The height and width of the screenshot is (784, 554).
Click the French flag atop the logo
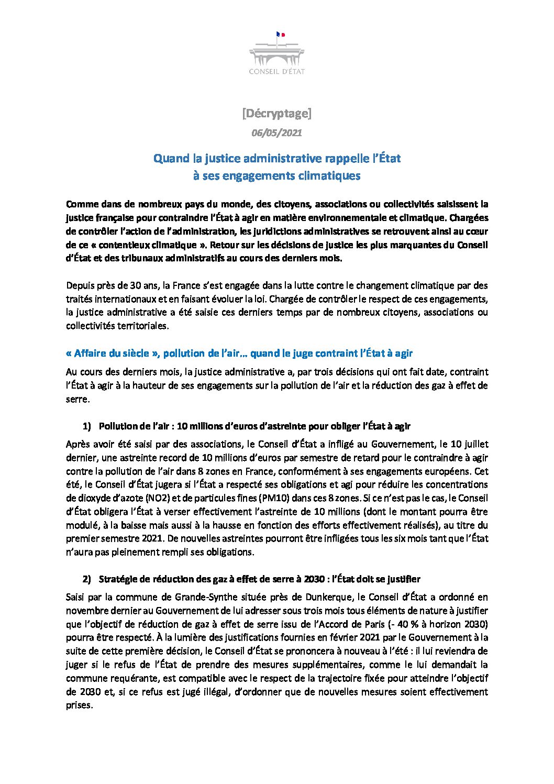280,35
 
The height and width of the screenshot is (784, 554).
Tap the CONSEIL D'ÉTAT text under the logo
276,71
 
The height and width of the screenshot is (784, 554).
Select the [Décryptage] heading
276,113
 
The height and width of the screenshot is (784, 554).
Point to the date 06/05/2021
276,133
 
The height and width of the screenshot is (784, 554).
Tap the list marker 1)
86,426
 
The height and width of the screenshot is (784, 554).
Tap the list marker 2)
86,579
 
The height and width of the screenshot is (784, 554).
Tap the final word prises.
79,705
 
